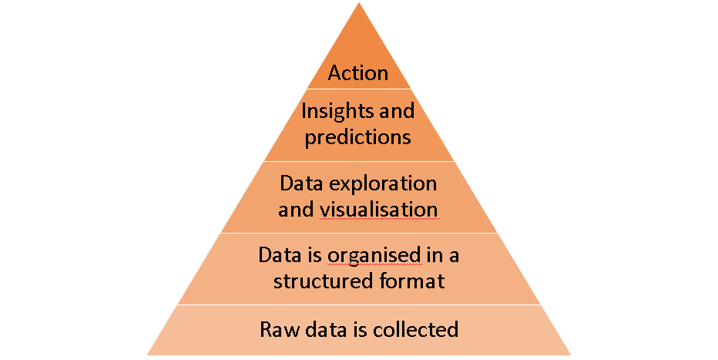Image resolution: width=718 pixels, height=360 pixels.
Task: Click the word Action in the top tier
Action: tap(358, 73)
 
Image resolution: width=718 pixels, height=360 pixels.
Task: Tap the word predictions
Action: tap(358, 138)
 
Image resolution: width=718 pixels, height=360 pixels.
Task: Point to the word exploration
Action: tap(384, 184)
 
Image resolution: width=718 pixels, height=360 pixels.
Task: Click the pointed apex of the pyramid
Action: tap(359, 5)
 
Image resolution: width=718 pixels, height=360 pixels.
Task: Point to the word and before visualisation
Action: tap(296, 210)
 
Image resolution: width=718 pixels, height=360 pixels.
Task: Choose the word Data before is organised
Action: tap(279, 255)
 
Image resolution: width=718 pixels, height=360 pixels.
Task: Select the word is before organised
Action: tap(315, 255)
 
